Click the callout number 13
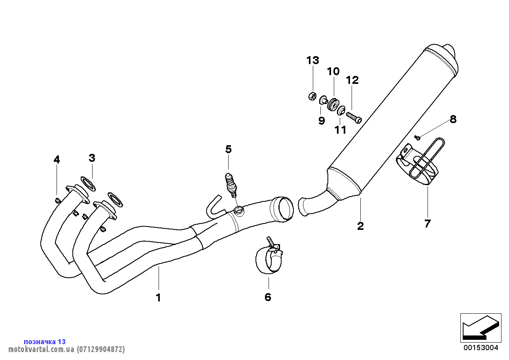coord(312,61)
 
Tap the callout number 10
coord(333,72)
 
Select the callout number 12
coord(352,80)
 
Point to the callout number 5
coord(229,149)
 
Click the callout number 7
coord(427,224)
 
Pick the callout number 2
coord(360,226)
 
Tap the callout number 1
coord(158,297)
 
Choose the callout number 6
coord(268,297)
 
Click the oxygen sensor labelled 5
coord(231,184)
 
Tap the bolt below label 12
coord(354,117)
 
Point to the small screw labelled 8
coord(417,137)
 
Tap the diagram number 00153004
coord(481,348)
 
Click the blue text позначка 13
coord(45,341)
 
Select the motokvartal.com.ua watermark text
coord(66,349)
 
